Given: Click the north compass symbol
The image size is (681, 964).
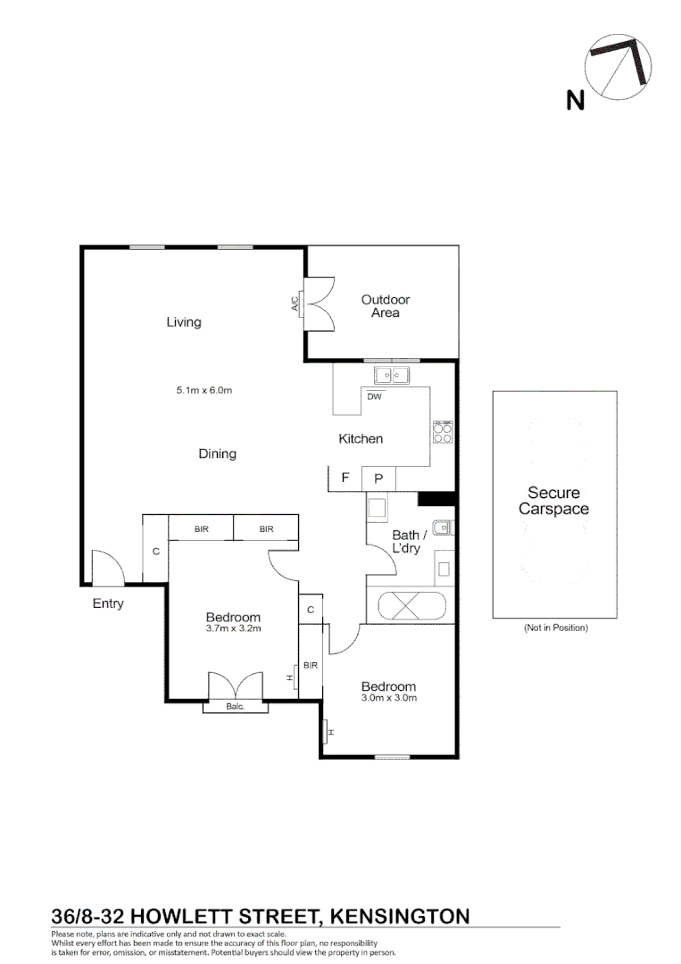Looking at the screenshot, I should pos(618,67).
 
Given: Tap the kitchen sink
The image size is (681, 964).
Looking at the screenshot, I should pos(391,375).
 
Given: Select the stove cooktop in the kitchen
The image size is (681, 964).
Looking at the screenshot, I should pos(444,432).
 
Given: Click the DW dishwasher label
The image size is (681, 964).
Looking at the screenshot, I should pos(373,397).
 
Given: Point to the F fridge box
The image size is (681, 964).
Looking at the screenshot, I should pos(345,478).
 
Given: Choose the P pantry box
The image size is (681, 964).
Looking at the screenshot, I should pos(378,478).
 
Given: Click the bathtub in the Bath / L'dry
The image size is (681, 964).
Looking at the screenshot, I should pos(411,606).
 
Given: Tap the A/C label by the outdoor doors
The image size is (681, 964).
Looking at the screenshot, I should pos(295,303).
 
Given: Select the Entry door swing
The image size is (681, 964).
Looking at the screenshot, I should pos(107,567).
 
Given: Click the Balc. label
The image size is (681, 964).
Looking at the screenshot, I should pos(235,706).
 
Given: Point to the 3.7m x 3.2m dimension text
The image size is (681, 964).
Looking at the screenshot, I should pos(233,628).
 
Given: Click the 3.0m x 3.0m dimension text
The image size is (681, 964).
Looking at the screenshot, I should pos(388,698).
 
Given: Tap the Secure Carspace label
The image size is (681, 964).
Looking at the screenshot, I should pos(553,501).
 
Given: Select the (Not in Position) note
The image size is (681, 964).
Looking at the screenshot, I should pos(555,628).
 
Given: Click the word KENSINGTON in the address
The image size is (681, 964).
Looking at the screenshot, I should pos(400,916).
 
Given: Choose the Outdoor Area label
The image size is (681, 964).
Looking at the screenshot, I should pos(386,306).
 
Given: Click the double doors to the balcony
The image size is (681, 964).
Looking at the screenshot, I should pos(236,686).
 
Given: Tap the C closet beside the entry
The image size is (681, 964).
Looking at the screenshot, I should pos(155,552).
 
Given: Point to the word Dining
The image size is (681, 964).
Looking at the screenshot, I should pos(217,453).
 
